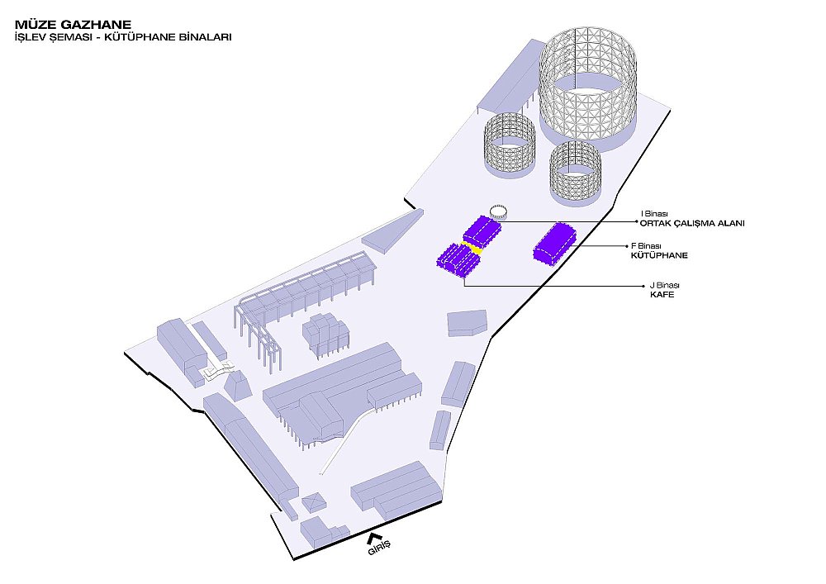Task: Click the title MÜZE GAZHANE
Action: coord(74,24)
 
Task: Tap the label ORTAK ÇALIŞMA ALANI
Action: coord(692,223)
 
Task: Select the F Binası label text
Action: coord(646,246)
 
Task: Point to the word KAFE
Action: coord(662,294)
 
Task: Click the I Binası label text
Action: coord(654,214)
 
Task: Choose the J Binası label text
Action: coord(664,286)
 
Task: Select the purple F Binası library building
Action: coord(554,243)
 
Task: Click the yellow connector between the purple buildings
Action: coord(472,248)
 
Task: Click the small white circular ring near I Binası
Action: coord(498,211)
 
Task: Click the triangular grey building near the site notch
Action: coord(393,231)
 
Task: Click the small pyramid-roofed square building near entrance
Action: coord(314,502)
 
